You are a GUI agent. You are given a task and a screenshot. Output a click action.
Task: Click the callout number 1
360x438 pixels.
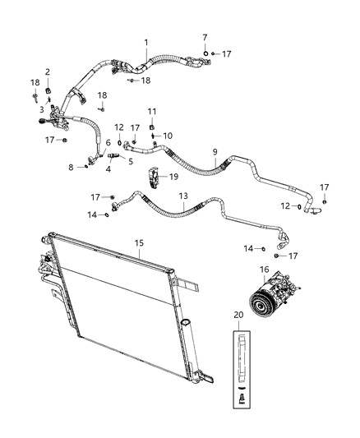click(146, 42)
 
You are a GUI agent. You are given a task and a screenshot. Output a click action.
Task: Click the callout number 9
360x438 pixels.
click(215, 153)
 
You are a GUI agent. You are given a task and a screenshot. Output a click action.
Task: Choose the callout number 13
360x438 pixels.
click(183, 197)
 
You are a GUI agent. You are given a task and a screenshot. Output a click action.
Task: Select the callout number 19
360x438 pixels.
click(173, 176)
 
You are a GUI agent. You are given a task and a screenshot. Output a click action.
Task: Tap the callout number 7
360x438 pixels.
click(205, 38)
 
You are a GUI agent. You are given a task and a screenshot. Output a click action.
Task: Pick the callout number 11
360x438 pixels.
click(151, 111)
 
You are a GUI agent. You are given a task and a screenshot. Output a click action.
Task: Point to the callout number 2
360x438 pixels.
click(48, 71)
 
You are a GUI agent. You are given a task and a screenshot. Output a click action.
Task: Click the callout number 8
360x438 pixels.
click(71, 167)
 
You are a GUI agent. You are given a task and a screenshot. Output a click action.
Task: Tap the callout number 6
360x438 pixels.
click(107, 142)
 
